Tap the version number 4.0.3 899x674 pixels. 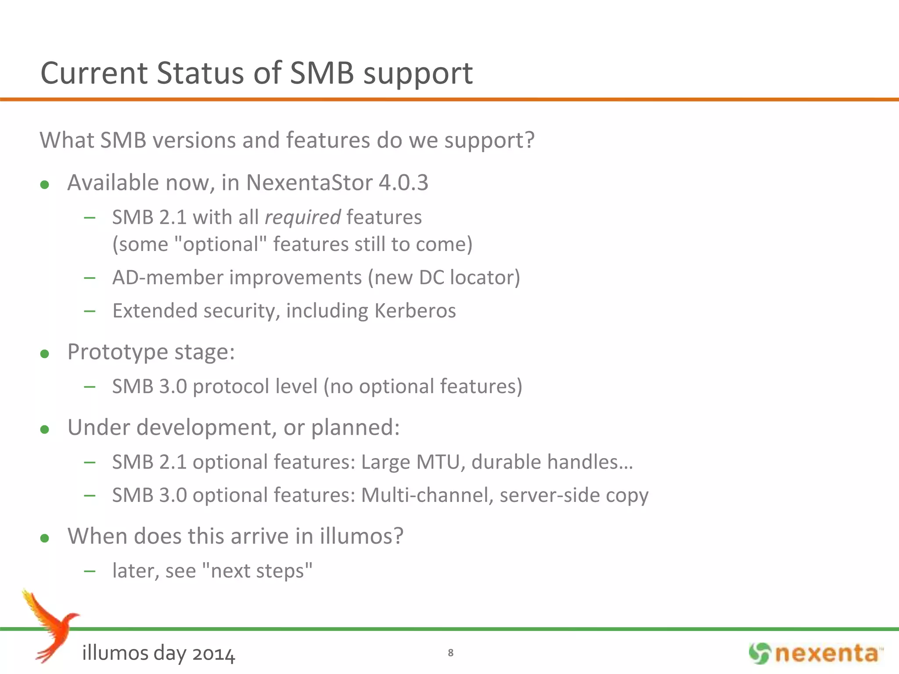pos(403,183)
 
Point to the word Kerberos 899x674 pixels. pos(415,311)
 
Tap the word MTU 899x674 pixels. pos(440,462)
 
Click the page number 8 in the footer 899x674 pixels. pos(450,653)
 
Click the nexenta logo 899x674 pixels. pos(816,653)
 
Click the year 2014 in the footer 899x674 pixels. pos(213,654)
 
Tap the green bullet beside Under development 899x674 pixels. pos(44,429)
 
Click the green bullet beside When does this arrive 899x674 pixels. pos(44,538)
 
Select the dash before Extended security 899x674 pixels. pos(90,311)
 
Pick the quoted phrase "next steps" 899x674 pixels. pos(257,571)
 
